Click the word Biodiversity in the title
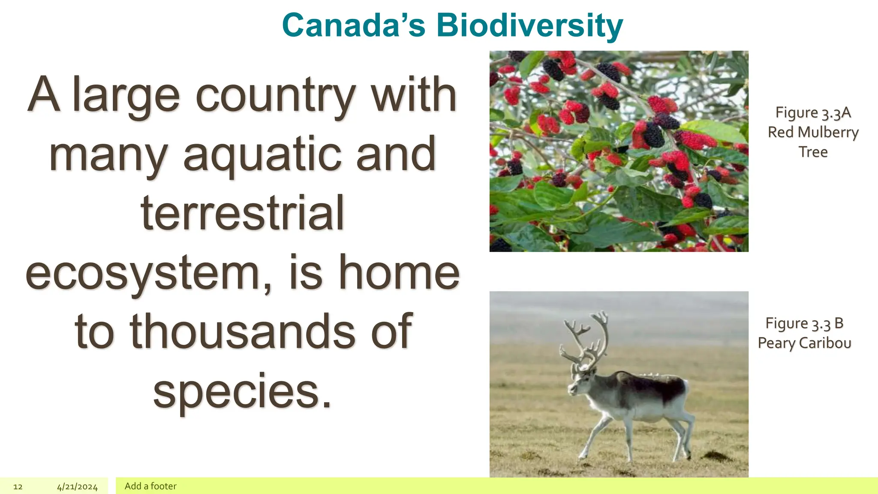pyautogui.click(x=529, y=26)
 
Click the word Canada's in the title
pyautogui.click(x=354, y=26)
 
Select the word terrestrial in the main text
pyautogui.click(x=243, y=213)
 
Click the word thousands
pyautogui.click(x=242, y=331)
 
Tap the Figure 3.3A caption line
pyautogui.click(x=813, y=113)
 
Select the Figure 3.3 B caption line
pyautogui.click(x=804, y=323)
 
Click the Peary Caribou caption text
pyautogui.click(x=804, y=343)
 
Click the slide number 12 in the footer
pyautogui.click(x=18, y=487)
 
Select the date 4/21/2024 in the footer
pyautogui.click(x=77, y=487)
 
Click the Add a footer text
pyautogui.click(x=150, y=486)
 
